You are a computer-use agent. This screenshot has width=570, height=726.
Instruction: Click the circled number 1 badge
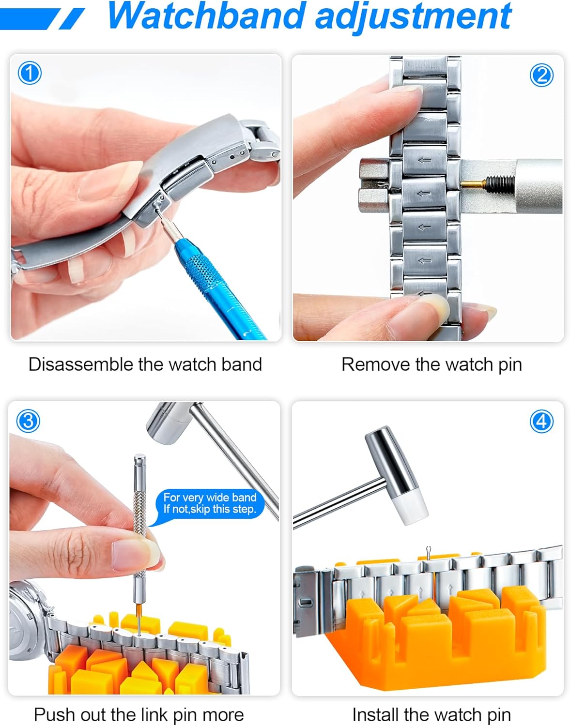(30, 73)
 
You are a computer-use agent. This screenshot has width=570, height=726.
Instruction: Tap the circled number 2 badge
(541, 75)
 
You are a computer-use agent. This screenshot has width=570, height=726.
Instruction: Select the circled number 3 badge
(28, 421)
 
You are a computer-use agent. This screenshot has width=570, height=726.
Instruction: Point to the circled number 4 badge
(541, 421)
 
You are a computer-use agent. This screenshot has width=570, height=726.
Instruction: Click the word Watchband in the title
(207, 16)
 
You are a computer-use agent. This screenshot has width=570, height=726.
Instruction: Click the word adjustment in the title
(414, 18)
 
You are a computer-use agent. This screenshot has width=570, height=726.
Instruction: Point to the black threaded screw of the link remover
(500, 182)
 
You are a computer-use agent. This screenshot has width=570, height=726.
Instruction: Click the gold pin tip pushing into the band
(473, 183)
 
